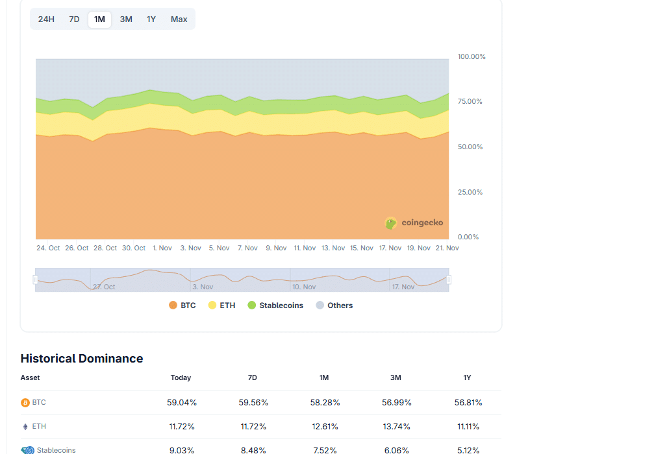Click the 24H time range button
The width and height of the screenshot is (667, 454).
coord(46,19)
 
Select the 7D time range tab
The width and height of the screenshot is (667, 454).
coord(75,19)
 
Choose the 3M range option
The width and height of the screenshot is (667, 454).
coord(126,19)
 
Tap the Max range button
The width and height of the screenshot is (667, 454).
coord(179,19)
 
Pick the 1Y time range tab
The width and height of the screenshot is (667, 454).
coord(151,19)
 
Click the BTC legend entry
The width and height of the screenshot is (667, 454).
coord(182,305)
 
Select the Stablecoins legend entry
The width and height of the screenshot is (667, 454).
coord(275,305)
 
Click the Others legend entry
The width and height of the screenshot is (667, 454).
coord(334,305)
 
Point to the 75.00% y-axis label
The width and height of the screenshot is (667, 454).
coord(470,102)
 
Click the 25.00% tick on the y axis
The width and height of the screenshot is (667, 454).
coord(470,193)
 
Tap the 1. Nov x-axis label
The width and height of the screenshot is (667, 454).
coord(162,248)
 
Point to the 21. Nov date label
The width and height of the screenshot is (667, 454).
coord(447,248)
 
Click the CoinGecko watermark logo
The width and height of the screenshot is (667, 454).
coord(414,223)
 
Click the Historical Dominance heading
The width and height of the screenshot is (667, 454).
coord(82,359)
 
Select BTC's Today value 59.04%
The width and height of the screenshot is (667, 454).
coord(182,403)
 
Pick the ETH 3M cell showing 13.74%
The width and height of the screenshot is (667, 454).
coord(396,427)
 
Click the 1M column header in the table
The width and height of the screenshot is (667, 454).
coord(324,377)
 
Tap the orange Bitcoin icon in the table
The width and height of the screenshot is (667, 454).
coord(25,403)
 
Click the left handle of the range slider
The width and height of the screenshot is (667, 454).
coord(36,280)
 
